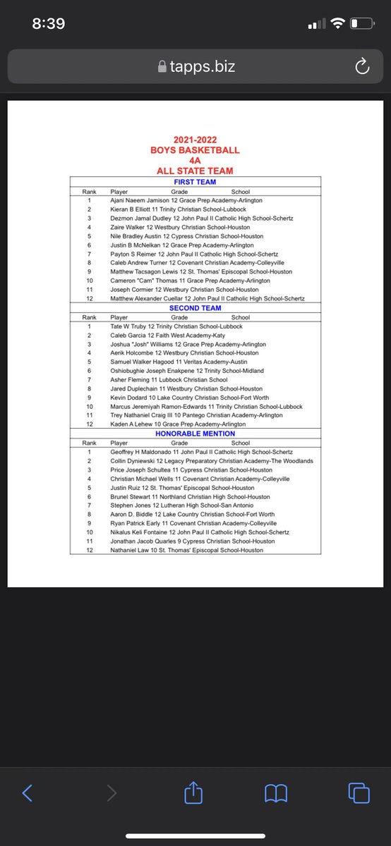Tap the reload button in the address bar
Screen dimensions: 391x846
(362, 67)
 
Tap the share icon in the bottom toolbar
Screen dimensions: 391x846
(193, 794)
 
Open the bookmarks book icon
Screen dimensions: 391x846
(276, 794)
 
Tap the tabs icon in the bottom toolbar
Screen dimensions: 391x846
(359, 794)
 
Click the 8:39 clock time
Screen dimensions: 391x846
(49, 23)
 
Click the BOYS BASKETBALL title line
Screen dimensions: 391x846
(195, 150)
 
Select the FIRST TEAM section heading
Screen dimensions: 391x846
(195, 182)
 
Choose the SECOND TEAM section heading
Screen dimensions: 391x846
(195, 308)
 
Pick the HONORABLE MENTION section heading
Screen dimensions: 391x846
(195, 434)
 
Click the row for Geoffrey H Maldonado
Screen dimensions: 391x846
(195, 452)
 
